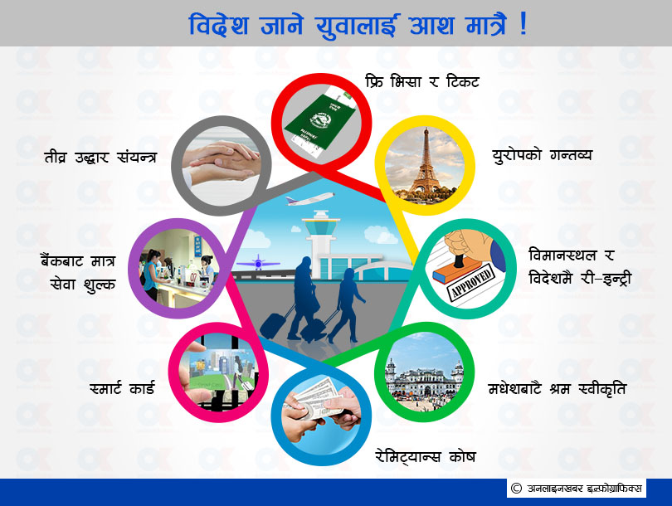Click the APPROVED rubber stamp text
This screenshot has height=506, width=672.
point(471,280)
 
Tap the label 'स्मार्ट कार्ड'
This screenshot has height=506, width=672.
point(122,388)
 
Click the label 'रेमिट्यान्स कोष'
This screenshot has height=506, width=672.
point(425,456)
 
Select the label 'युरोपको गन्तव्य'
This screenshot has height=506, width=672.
point(542,155)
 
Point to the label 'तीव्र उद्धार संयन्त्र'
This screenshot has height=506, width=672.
point(100,157)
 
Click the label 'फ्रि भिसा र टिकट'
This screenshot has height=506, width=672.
point(422,81)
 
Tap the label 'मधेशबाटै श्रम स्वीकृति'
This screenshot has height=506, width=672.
point(558,388)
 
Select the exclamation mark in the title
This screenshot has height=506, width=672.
point(523,24)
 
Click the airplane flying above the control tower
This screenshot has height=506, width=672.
point(310,199)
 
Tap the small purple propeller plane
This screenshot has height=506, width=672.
point(258,262)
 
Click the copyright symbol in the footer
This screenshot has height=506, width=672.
point(516,488)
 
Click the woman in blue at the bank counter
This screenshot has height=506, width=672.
point(151,275)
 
